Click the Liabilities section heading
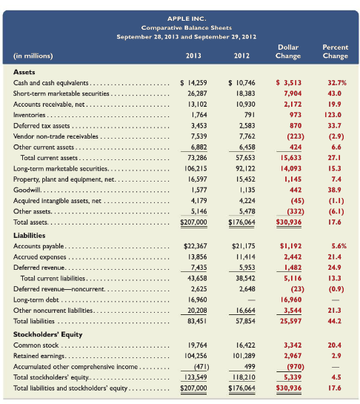pos(29,233)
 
